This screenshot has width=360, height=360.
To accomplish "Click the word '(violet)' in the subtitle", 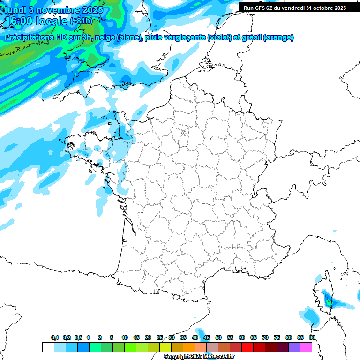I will point(220,37).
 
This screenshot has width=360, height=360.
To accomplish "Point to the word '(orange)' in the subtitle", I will point(279,37).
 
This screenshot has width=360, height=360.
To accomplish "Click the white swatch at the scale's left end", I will point(48,347).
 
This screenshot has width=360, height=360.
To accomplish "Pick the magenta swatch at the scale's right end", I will point(306,347).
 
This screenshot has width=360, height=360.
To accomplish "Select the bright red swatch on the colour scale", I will point(247,347).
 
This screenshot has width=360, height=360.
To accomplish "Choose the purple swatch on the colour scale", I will point(294,347).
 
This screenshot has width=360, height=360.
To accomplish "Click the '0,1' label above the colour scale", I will point(54,337).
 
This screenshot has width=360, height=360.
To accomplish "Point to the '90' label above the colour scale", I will point(312,337).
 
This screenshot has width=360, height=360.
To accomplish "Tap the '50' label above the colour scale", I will point(218,337).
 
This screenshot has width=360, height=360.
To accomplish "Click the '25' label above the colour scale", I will point(160,337).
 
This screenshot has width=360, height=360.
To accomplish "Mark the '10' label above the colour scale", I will point(125,337).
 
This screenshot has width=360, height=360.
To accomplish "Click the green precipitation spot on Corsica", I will point(329,303).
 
